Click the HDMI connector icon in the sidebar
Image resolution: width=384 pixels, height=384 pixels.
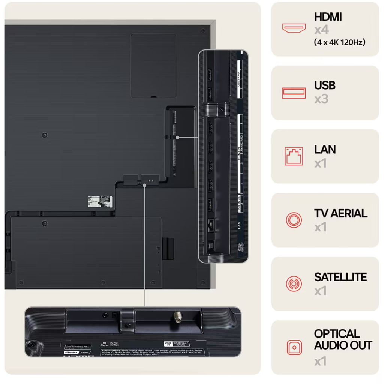(x=294, y=28)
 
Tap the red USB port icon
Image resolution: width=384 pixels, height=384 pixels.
(x=294, y=93)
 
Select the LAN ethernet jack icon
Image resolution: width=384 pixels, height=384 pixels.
(x=294, y=156)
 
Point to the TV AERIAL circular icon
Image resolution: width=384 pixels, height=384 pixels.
(x=294, y=220)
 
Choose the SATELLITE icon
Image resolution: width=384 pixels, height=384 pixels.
(x=294, y=284)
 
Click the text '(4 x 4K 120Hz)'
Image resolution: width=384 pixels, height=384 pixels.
(x=339, y=42)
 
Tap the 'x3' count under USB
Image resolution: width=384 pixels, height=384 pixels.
(x=321, y=99)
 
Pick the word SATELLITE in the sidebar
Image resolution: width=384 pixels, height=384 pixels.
(x=340, y=277)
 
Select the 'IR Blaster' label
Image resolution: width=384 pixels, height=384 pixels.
(x=105, y=345)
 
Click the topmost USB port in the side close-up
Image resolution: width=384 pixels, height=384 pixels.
(x=210, y=73)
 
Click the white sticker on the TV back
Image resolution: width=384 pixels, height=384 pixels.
(x=100, y=201)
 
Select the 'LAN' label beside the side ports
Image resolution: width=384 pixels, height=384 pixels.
(x=239, y=225)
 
